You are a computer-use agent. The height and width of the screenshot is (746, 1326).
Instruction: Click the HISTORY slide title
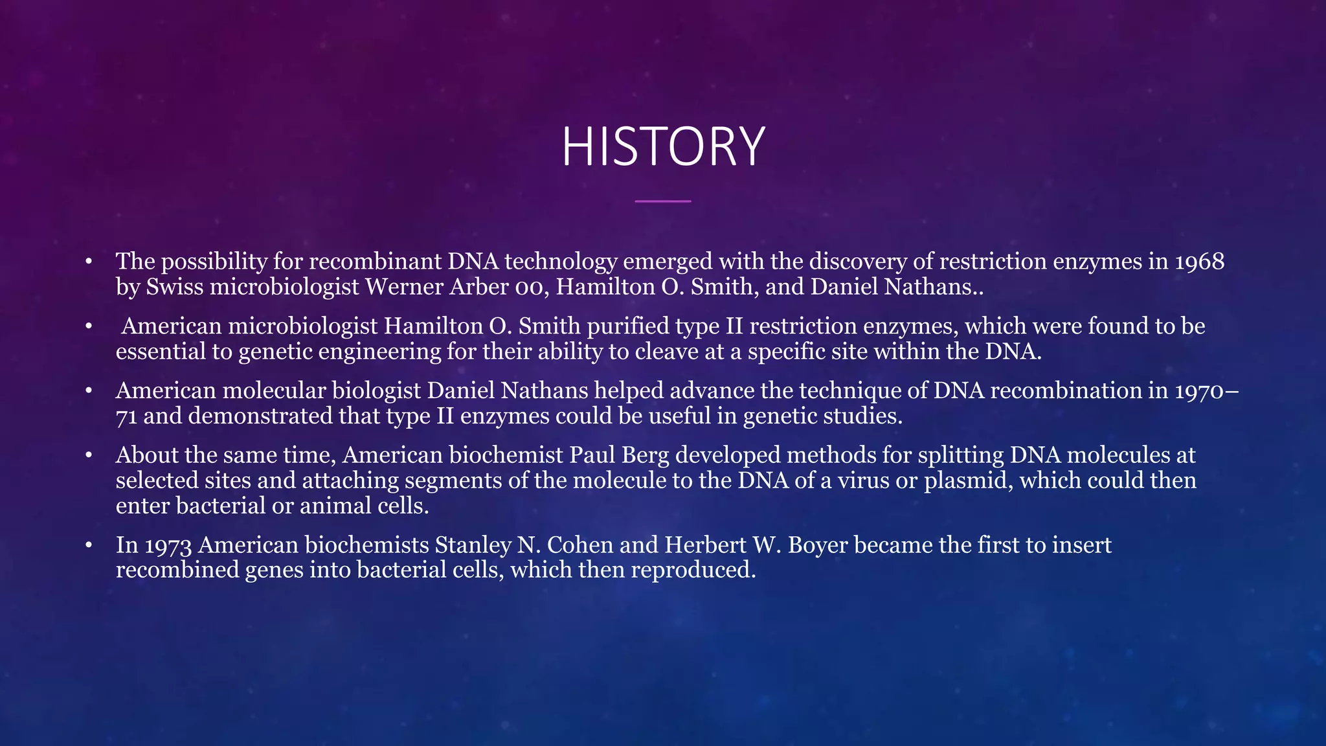(x=663, y=147)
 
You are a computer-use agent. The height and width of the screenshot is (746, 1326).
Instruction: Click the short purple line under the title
(x=663, y=201)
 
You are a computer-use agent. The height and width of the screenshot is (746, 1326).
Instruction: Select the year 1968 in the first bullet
(x=1199, y=262)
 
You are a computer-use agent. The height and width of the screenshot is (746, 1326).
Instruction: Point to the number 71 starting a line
(x=126, y=416)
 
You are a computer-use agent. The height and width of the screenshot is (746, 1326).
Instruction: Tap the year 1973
(x=168, y=545)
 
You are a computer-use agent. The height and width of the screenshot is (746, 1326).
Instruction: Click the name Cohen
(x=580, y=545)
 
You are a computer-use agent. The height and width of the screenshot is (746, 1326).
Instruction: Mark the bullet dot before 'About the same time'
(x=89, y=455)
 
